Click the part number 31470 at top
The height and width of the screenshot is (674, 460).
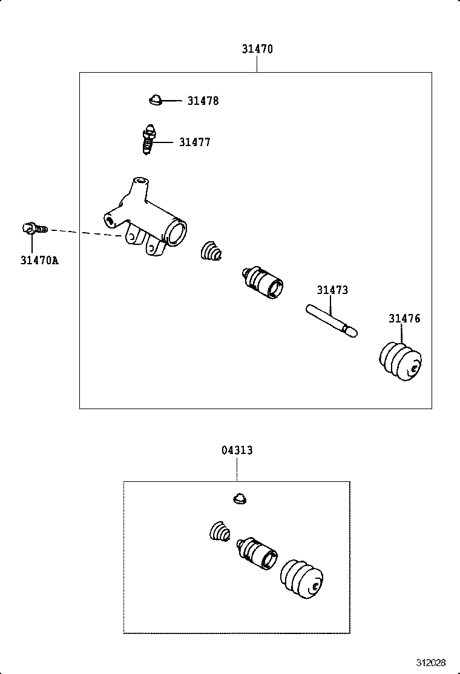pos(257,49)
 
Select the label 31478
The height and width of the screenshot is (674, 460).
pos(203,101)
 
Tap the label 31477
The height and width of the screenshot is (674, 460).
pos(194,142)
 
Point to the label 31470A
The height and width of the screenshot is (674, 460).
pos(39,261)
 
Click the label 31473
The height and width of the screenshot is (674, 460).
pos(332,290)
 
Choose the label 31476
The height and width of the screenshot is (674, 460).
pos(404,319)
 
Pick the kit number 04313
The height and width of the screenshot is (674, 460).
pos(237,450)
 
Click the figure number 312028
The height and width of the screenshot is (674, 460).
pos(430,661)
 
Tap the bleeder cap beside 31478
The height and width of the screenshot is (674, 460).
pos(156,99)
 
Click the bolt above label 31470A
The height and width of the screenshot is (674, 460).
pos(33,229)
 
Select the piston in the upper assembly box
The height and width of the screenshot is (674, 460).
pos(262,282)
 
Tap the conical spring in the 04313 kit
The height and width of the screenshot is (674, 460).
pos(220,533)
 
